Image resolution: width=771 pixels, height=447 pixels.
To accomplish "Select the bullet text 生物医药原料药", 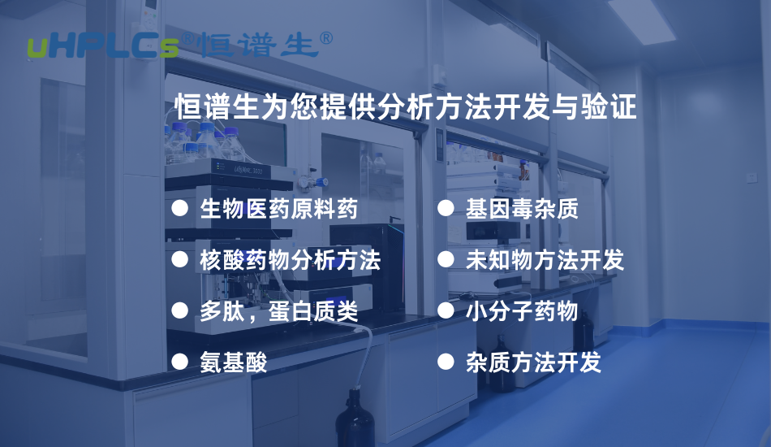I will (x=278, y=210).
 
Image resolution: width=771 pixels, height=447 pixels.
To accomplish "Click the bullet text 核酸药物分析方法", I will (x=290, y=260).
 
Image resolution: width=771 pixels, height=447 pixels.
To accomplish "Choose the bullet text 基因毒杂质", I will (x=522, y=210).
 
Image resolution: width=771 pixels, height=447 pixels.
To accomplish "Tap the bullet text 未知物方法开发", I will (x=545, y=260).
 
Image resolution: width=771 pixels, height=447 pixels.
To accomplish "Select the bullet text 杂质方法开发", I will (x=533, y=362).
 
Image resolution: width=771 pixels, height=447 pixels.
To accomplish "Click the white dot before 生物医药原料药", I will (x=179, y=210).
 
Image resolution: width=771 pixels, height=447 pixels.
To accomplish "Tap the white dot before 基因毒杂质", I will (x=445, y=209).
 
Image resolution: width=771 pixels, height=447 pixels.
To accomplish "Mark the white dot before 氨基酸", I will (x=179, y=361).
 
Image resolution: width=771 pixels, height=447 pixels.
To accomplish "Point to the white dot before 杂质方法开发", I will (x=445, y=361).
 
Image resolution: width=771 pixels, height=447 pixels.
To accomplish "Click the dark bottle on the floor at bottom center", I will (x=355, y=419).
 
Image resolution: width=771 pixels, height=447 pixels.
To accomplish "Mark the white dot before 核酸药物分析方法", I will (x=179, y=260).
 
